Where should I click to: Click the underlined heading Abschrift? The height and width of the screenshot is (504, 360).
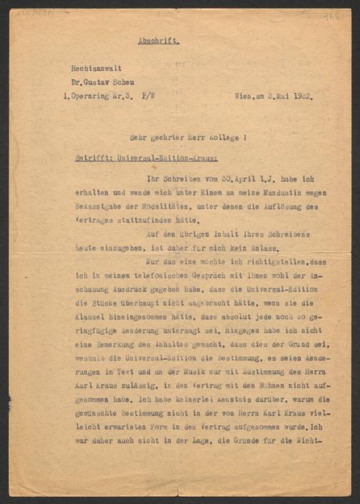[x=158, y=41]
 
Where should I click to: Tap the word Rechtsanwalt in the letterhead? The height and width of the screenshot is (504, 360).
[x=96, y=68]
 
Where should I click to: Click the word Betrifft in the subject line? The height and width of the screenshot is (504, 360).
[x=90, y=157]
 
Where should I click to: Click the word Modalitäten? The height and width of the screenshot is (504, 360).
[x=164, y=206]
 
